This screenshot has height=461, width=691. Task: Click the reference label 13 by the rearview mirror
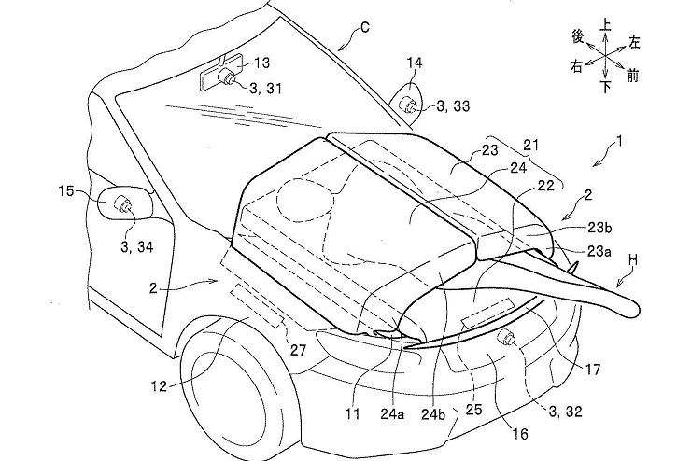tap(261, 63)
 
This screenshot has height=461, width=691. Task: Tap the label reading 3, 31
tap(265, 88)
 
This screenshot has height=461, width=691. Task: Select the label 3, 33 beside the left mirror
tap(454, 105)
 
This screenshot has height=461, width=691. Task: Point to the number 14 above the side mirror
tap(415, 63)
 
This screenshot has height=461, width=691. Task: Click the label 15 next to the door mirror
tap(65, 192)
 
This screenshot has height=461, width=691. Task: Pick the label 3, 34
tap(136, 247)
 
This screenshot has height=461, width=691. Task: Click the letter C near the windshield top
tap(365, 28)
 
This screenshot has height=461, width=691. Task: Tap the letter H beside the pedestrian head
tap(633, 260)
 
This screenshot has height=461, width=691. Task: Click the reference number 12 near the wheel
tap(159, 386)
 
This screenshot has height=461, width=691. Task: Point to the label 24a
tap(392, 414)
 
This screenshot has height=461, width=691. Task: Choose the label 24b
tap(433, 414)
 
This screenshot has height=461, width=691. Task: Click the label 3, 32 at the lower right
tap(565, 412)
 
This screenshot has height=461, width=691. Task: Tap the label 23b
tap(599, 228)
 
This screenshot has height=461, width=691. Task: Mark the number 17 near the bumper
tap(593, 369)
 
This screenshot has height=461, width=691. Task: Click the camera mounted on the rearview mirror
tap(228, 77)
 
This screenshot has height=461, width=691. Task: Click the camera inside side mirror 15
tap(121, 203)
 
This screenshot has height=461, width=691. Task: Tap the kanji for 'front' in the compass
tap(632, 77)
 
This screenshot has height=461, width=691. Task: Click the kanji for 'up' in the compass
tap(606, 24)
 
